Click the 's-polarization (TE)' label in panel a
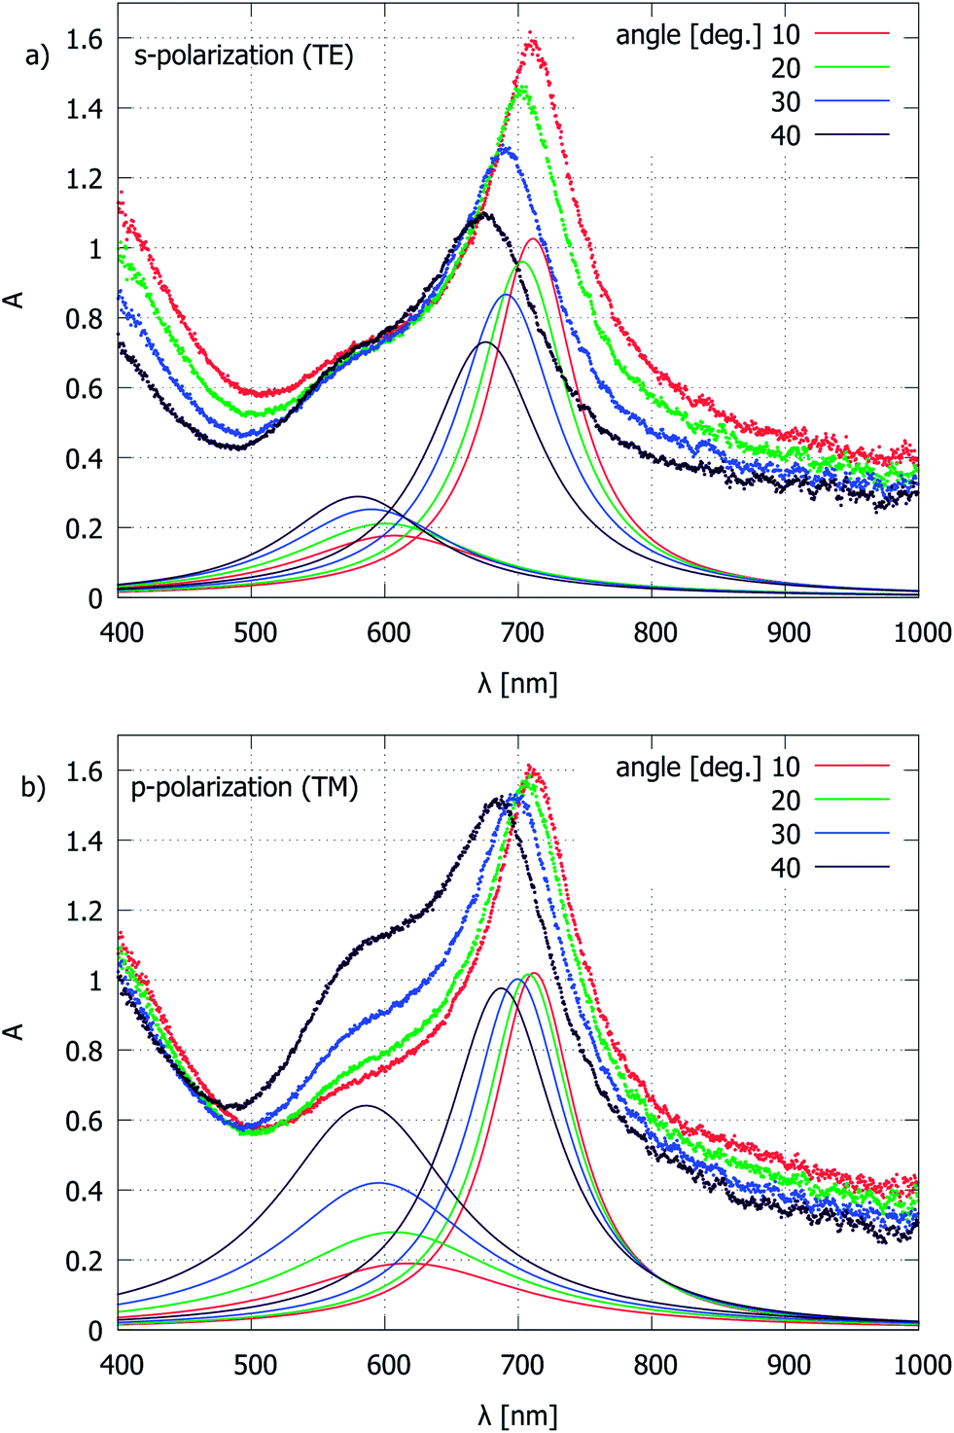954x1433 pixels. (x=243, y=55)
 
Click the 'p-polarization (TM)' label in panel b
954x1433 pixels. (x=244, y=787)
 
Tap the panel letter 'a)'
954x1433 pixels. (x=37, y=55)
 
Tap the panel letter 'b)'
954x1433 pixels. (x=34, y=787)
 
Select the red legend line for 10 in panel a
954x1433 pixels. (x=852, y=34)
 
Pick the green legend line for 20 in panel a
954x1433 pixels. (x=852, y=68)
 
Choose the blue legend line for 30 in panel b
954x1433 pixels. (x=852, y=834)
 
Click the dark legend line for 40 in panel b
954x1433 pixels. (x=852, y=868)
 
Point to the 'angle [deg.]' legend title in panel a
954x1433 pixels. (x=689, y=35)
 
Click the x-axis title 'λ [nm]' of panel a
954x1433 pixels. (x=517, y=683)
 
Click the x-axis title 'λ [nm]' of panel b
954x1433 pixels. (x=517, y=1415)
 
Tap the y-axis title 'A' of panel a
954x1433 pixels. (x=15, y=300)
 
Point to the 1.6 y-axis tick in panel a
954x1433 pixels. (x=84, y=39)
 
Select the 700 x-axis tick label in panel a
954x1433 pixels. (x=522, y=632)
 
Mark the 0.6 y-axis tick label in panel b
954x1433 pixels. (x=84, y=1121)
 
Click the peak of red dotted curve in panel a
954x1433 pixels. (x=531, y=35)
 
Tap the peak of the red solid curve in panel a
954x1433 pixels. (x=532, y=238)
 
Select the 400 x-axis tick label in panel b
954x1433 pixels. (x=123, y=1365)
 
